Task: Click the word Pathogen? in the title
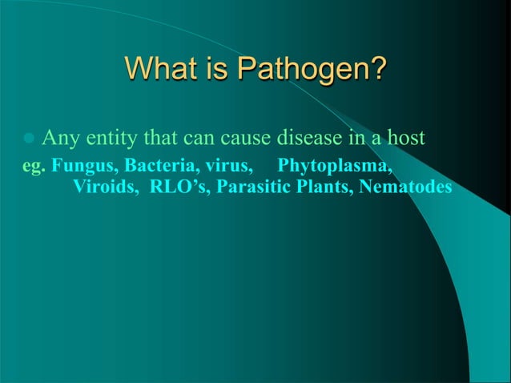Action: click(312, 70)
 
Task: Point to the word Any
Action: click(58, 140)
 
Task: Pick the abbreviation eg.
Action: click(34, 168)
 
